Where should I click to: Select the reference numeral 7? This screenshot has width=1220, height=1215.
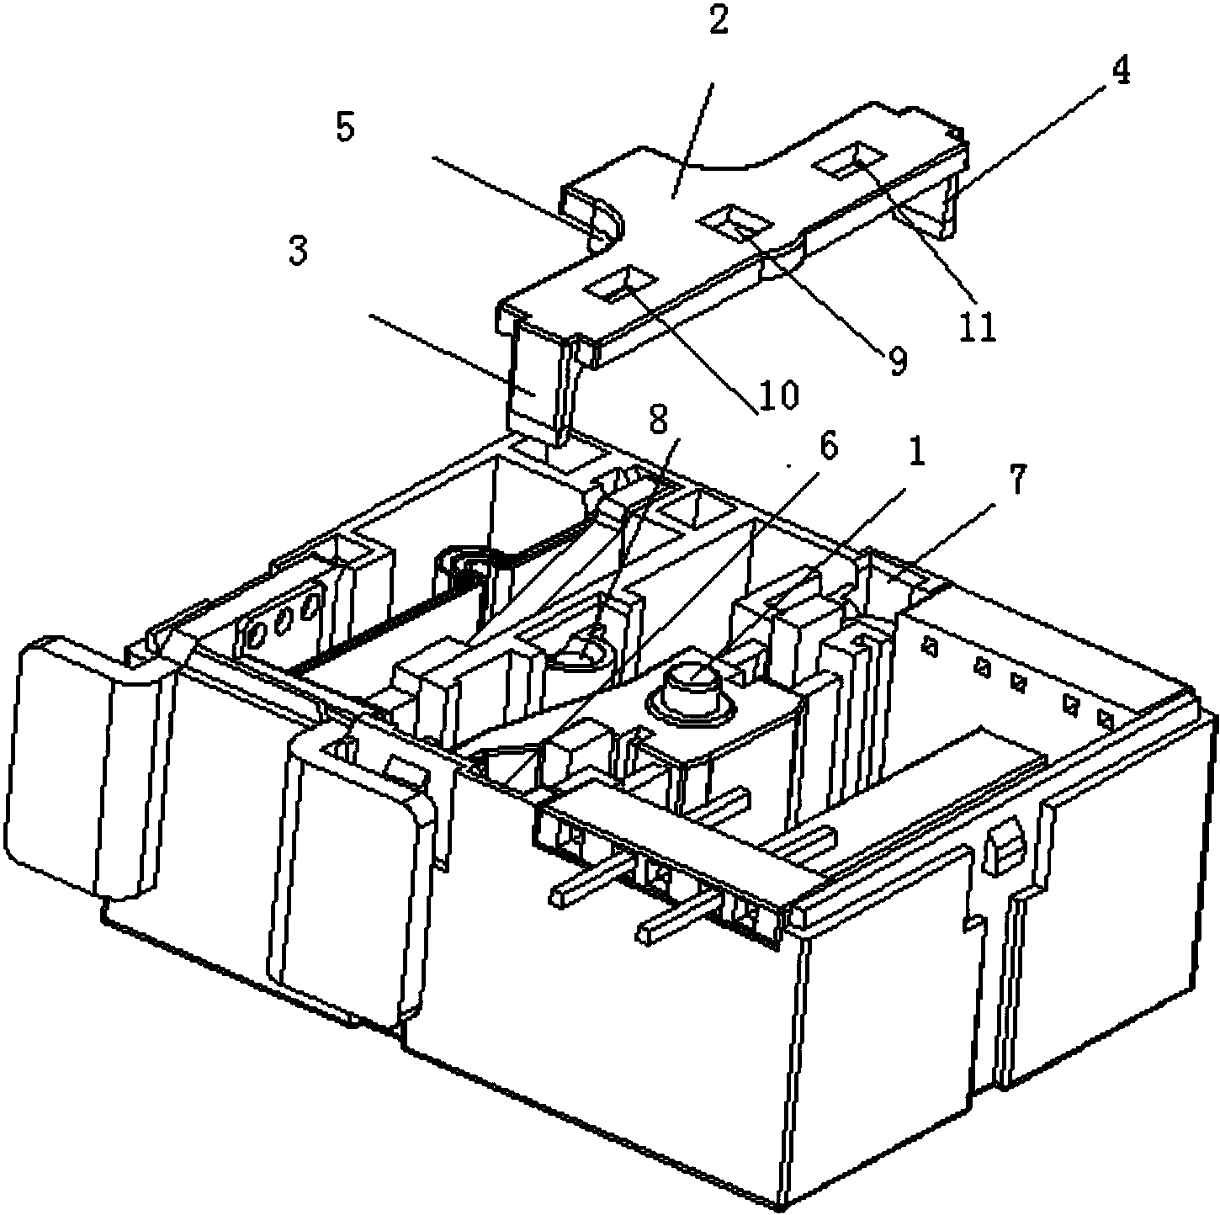[1016, 482]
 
